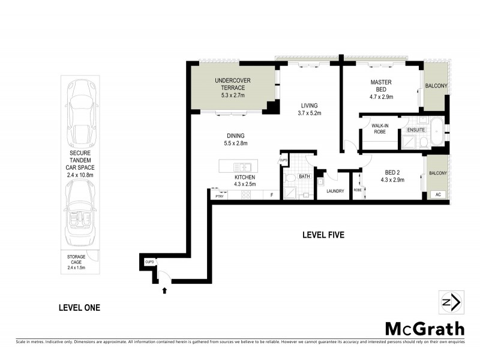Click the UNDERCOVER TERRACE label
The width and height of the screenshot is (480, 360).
tap(229, 84)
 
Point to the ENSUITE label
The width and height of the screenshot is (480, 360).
tap(415, 129)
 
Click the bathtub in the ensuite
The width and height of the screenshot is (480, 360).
tap(439, 133)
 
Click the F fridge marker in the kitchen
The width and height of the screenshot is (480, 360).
tap(271, 194)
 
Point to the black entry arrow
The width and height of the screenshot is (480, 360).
tap(164, 291)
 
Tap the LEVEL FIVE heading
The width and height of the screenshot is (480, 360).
tap(323, 235)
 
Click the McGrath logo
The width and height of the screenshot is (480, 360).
tap(424, 328)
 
